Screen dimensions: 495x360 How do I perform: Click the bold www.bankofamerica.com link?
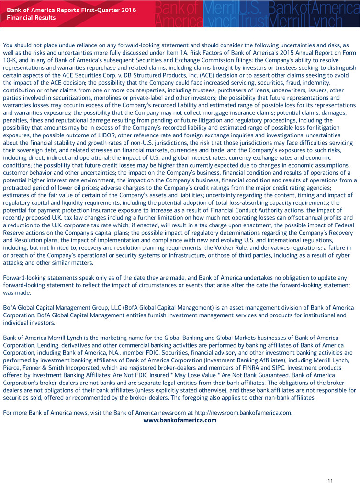tap(180, 420)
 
